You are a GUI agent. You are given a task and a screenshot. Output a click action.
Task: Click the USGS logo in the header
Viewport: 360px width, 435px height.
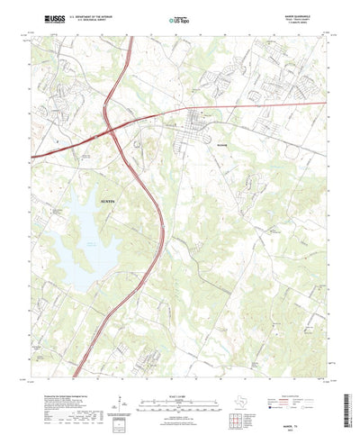47,18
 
